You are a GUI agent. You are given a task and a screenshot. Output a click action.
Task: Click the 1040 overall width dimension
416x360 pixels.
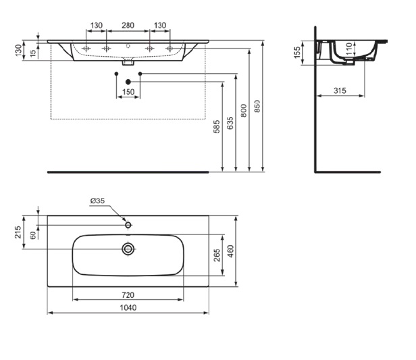click(x=128, y=308)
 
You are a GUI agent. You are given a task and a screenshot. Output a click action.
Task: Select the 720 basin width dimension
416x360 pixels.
click(x=128, y=295)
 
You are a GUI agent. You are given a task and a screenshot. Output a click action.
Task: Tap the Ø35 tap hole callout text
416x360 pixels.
click(x=97, y=201)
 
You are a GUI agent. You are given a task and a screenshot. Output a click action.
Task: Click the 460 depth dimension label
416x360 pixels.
click(x=230, y=251)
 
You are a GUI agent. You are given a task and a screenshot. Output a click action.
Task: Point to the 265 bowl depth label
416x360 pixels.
click(x=217, y=255)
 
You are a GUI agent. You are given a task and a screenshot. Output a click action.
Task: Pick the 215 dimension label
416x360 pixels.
click(x=18, y=232)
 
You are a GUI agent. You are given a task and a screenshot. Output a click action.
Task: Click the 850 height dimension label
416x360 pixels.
click(x=257, y=106)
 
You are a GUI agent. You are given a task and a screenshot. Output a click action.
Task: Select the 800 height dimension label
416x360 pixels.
click(x=244, y=111)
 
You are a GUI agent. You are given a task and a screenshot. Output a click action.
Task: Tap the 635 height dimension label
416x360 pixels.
click(x=230, y=123)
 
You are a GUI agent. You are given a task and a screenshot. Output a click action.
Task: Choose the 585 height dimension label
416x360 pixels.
click(x=217, y=126)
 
